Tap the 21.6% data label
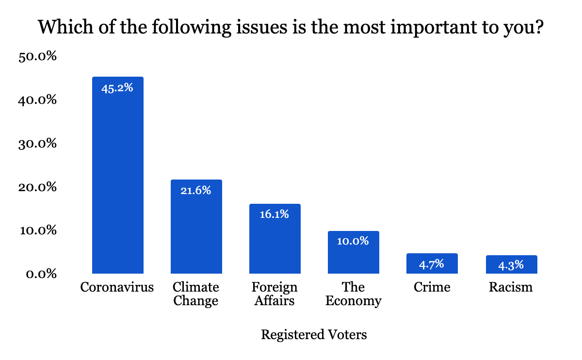coord(196,191)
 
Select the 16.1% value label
coord(275,214)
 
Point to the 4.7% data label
coord(432,264)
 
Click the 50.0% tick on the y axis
coord(38,57)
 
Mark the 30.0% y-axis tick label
coord(38,144)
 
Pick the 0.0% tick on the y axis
coord(42,275)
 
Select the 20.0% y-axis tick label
coord(38,187)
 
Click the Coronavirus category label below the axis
coord(117,287)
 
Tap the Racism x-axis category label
coord(511,287)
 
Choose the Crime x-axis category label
coord(432,287)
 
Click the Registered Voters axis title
coord(314,335)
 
